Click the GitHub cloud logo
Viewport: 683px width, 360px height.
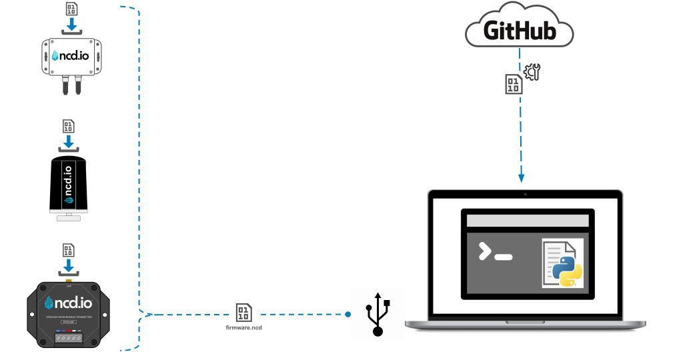point(520,29)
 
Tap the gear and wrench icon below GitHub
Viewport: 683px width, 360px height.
point(532,71)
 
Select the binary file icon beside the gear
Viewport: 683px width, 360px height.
point(512,84)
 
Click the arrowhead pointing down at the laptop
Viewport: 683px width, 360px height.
point(522,178)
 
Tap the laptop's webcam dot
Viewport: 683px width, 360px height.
point(525,194)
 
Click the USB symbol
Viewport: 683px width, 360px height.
point(378,313)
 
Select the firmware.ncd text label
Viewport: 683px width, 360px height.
point(243,327)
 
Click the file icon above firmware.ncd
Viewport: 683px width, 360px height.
point(243,312)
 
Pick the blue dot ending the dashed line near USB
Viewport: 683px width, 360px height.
point(348,313)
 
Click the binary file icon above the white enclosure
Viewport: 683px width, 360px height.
point(70,9)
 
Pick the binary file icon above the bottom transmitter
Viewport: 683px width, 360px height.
point(68,251)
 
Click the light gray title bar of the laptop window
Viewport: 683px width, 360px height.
point(527,221)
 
